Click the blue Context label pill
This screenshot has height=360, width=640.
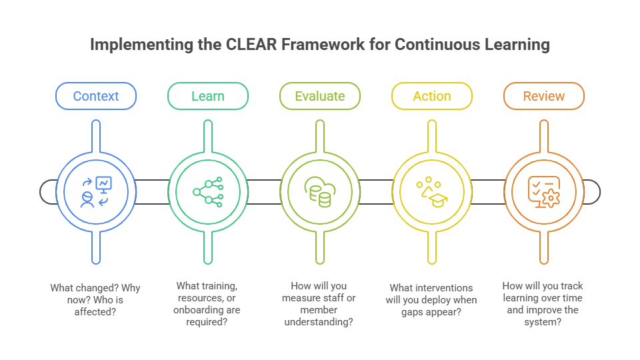(96, 96)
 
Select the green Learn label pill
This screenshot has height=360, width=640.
(207, 96)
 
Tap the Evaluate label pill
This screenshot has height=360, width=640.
(319, 96)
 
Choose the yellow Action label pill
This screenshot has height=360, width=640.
(431, 96)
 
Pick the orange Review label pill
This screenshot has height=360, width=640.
(543, 96)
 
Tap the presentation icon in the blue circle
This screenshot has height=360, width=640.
(96, 192)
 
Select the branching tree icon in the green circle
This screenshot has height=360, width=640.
(207, 192)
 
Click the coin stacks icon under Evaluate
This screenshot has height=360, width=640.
(319, 192)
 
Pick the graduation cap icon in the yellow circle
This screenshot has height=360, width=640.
(431, 192)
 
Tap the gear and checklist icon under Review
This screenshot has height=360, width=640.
(543, 192)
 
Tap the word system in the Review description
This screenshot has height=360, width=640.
(543, 321)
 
